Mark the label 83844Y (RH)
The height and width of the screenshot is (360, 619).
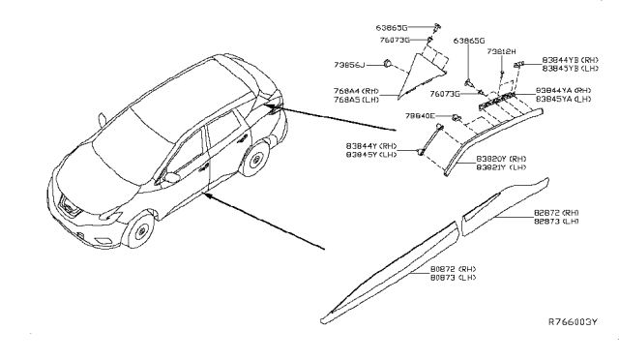point(371,144)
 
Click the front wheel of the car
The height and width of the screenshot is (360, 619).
point(139,232)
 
